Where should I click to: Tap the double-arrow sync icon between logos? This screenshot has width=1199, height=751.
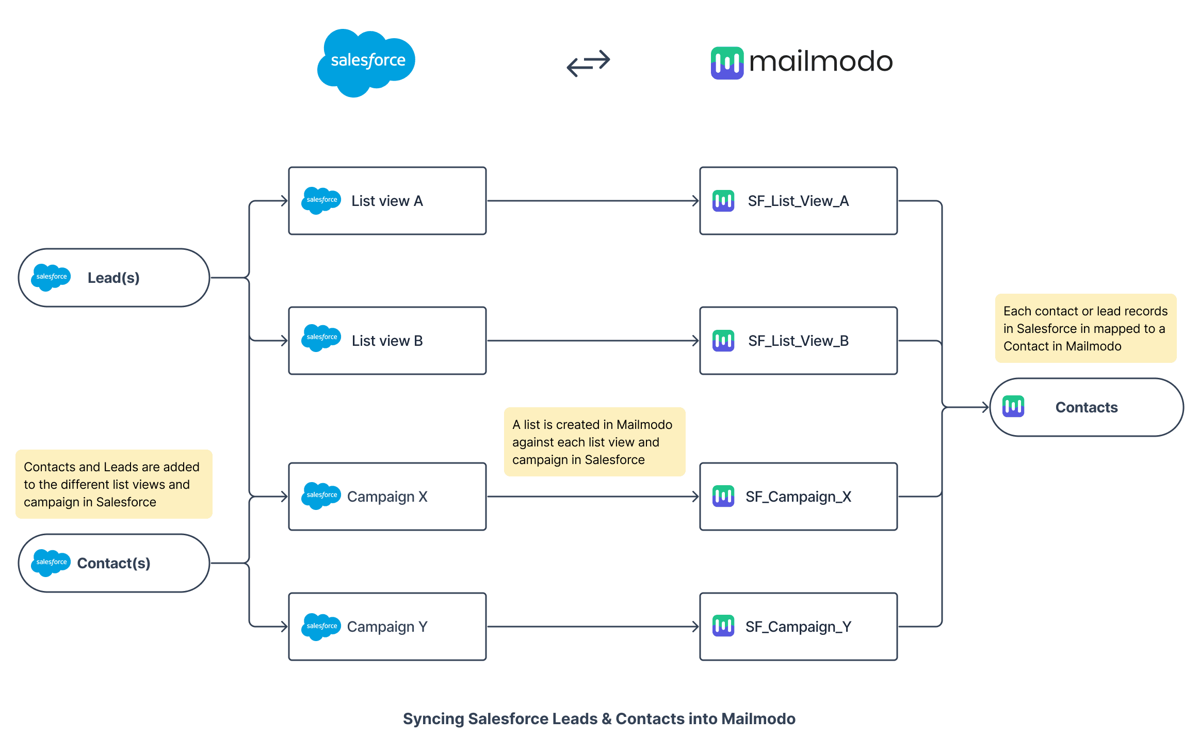(x=588, y=63)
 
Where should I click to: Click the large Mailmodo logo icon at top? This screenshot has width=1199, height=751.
(x=727, y=63)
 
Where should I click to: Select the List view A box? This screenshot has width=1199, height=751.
(x=387, y=201)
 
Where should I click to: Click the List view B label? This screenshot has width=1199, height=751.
(x=387, y=341)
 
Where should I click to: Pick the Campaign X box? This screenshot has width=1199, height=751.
(x=387, y=497)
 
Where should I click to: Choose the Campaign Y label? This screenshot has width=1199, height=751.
(x=387, y=627)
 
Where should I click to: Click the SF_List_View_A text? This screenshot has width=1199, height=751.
(x=798, y=201)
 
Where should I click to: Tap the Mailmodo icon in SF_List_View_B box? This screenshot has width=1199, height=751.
(x=723, y=341)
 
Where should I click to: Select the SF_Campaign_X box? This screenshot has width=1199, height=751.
(x=798, y=497)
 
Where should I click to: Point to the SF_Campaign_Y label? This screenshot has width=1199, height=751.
(x=798, y=627)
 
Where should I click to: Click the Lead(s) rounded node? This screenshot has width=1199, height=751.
(x=114, y=278)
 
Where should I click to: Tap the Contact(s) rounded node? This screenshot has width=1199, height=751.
(x=114, y=563)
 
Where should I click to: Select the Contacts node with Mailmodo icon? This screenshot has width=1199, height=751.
(x=1086, y=407)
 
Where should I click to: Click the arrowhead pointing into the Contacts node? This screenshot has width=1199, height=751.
(x=984, y=407)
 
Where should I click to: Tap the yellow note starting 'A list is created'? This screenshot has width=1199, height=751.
(x=594, y=442)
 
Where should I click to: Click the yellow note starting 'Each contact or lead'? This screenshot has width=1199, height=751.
(x=1085, y=328)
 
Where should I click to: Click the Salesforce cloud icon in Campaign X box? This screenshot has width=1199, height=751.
(x=321, y=496)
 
